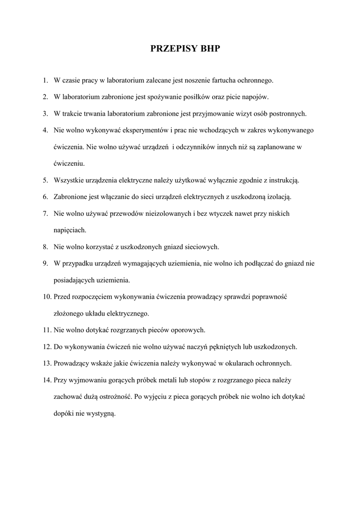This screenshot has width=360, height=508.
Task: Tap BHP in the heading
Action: [x=209, y=49]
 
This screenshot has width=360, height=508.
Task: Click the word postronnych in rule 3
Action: [x=288, y=114]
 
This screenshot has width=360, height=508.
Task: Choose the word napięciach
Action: [x=70, y=230]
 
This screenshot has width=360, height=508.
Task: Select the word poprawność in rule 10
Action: [x=270, y=297]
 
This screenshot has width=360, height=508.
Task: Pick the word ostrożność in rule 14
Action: [x=113, y=397]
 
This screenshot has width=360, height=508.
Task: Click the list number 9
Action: [x=45, y=263]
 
